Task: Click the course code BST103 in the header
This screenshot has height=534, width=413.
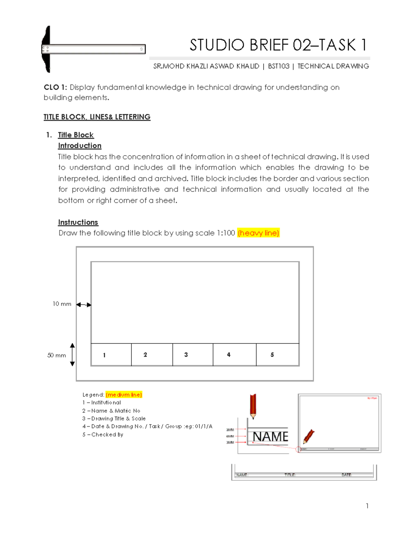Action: point(278,66)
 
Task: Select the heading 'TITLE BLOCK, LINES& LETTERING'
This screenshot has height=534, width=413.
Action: point(97,117)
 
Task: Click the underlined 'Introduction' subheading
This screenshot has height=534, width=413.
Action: point(80,146)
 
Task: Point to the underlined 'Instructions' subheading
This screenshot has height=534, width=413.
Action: point(78,222)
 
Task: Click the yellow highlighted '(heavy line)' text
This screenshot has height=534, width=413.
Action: point(258,233)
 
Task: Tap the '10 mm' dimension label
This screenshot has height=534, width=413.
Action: point(62,304)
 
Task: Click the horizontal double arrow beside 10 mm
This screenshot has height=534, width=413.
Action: point(84,305)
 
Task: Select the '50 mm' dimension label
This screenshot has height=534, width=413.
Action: point(56,355)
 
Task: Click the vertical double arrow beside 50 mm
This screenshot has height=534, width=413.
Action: point(72,355)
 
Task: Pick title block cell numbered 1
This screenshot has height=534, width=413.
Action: point(111,355)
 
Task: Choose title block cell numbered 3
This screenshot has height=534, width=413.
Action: point(193,355)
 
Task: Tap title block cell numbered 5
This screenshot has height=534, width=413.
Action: point(277,355)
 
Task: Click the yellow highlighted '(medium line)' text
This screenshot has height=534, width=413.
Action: point(124,395)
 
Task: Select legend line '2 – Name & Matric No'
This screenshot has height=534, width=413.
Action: point(111,411)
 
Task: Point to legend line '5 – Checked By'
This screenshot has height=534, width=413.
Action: point(103,435)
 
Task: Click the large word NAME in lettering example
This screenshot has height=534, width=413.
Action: point(270,437)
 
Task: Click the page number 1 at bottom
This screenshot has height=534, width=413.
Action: point(367,506)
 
